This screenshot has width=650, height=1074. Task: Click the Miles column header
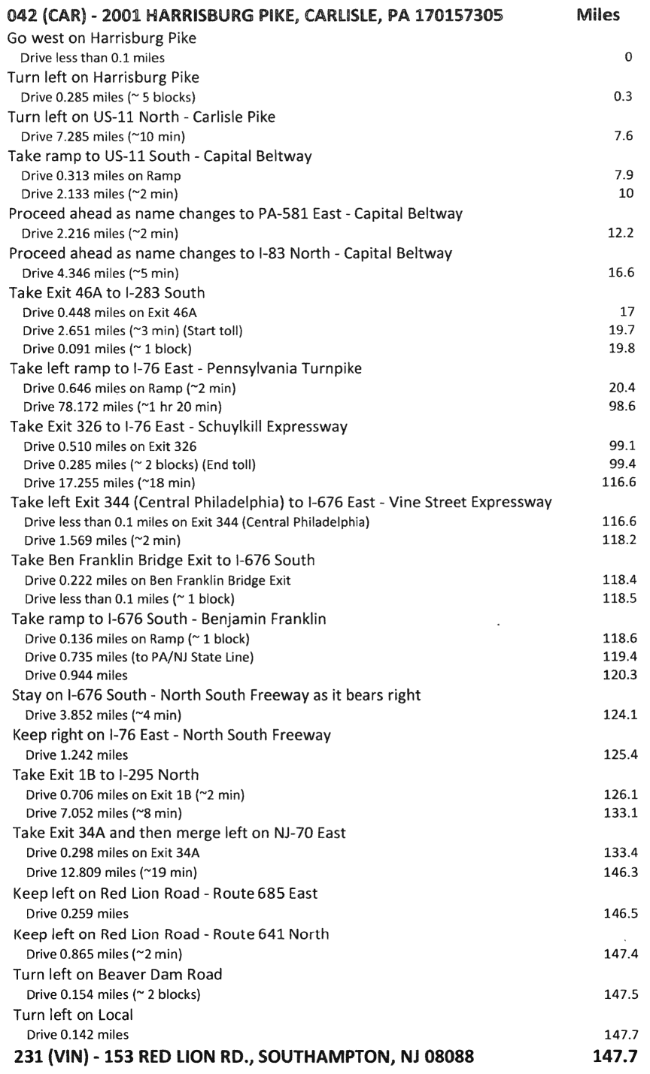(597, 15)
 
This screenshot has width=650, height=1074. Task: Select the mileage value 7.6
(622, 136)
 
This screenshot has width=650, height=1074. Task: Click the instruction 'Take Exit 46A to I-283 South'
(107, 292)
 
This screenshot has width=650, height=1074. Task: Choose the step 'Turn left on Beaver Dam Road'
(118, 975)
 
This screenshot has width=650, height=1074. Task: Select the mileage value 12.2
(620, 233)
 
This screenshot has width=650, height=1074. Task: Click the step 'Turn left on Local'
(72, 1015)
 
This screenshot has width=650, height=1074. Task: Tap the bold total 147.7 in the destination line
(615, 1057)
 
